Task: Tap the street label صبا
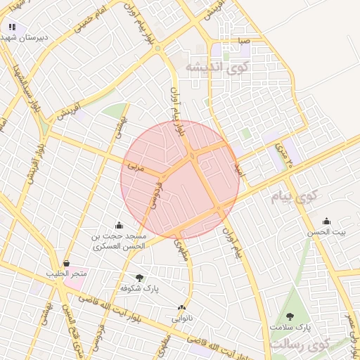(x=243, y=42)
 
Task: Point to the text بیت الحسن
(x=326, y=232)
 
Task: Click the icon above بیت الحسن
(x=326, y=221)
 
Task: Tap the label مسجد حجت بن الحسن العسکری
(x=118, y=241)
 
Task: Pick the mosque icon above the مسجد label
(x=118, y=225)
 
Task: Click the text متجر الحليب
(x=66, y=273)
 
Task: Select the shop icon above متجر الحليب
(x=66, y=263)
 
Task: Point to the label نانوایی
(x=182, y=319)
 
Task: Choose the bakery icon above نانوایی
(x=182, y=307)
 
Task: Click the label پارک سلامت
(x=291, y=328)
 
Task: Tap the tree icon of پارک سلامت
(x=291, y=316)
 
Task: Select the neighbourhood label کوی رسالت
(x=309, y=344)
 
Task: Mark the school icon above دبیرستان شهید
(x=12, y=27)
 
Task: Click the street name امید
(x=238, y=169)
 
